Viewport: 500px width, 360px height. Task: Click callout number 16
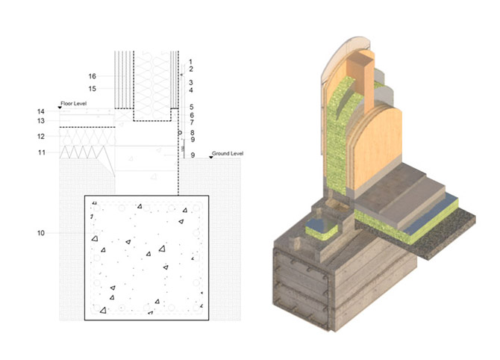click(92, 76)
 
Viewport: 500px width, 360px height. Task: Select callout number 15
click(92, 89)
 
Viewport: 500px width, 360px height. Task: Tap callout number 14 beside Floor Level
click(41, 111)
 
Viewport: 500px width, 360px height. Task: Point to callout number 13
click(41, 121)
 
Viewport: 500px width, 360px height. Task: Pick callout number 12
click(41, 137)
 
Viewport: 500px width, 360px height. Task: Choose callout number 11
click(42, 152)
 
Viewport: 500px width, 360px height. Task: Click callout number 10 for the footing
click(41, 233)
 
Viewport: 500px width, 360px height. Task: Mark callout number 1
click(191, 61)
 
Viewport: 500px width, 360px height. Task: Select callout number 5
click(191, 108)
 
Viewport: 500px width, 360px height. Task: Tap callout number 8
click(192, 133)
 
